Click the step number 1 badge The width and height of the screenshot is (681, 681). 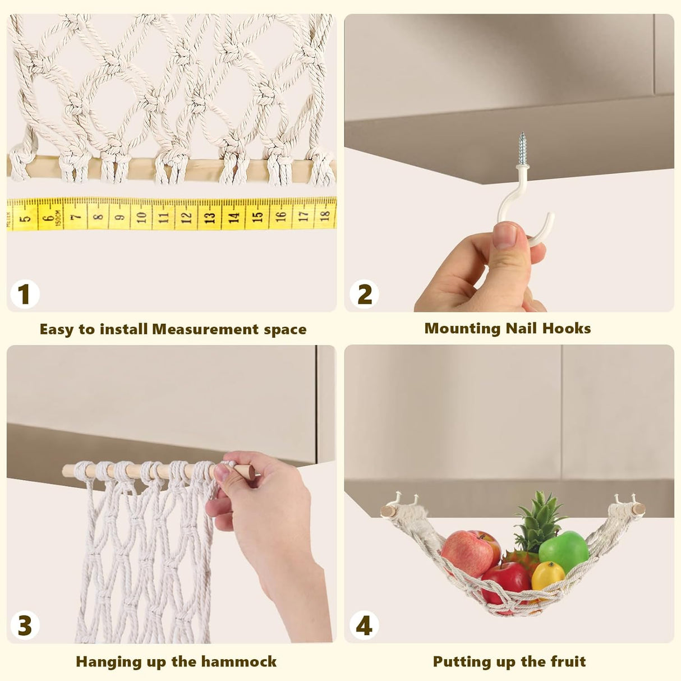click(24, 295)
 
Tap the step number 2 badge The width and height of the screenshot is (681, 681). click(364, 295)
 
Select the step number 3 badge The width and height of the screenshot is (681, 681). click(24, 625)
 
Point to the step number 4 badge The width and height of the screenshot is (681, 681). click(364, 625)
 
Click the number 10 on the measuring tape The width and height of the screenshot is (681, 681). click(141, 215)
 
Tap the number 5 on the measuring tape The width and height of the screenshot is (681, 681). click(25, 216)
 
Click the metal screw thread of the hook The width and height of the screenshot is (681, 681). click(522, 148)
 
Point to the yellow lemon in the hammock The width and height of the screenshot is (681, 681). click(547, 576)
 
